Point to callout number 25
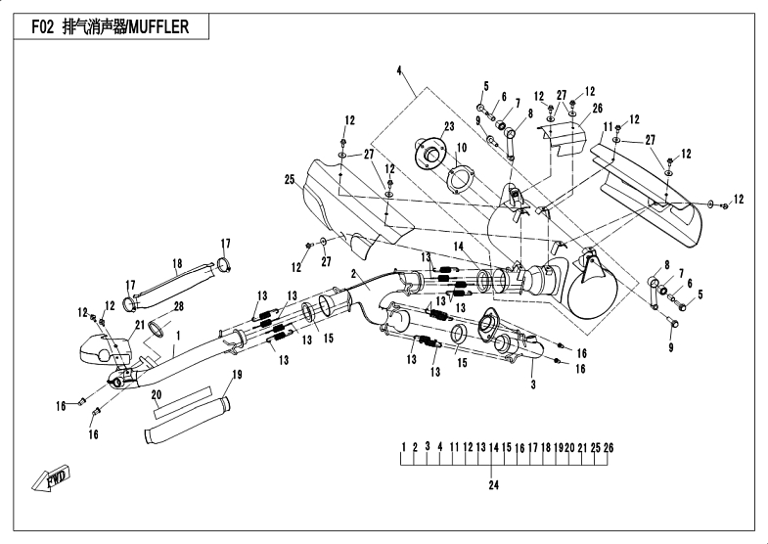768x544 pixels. (290, 180)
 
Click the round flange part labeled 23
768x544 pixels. (428, 151)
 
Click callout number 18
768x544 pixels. (178, 263)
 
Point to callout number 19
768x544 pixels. (237, 376)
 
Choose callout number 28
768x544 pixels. (179, 306)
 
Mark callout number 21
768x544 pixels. (139, 325)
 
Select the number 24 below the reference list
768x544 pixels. (494, 483)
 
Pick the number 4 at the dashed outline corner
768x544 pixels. (399, 69)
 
